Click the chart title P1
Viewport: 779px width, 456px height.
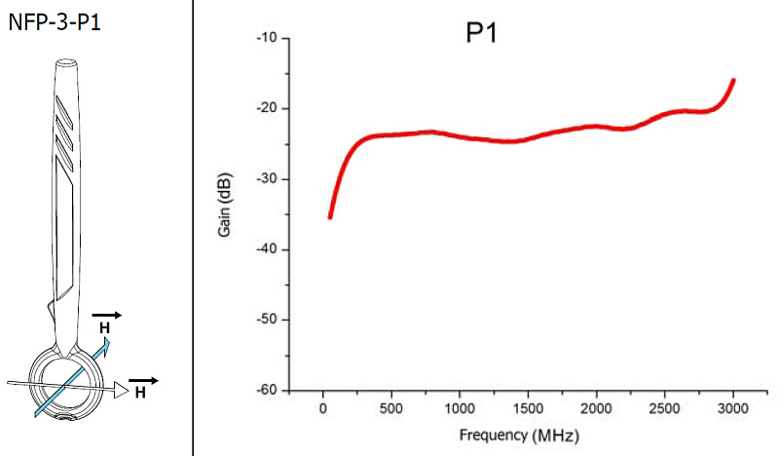point(482,35)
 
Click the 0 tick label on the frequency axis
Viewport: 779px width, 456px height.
point(323,407)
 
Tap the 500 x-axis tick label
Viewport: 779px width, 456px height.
point(391,407)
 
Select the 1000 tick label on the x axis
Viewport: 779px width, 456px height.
point(460,407)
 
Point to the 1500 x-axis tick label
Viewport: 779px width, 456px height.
point(528,407)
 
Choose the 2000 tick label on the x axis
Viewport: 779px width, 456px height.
point(596,407)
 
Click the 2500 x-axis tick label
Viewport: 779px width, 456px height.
point(664,407)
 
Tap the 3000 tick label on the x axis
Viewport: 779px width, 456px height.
point(732,407)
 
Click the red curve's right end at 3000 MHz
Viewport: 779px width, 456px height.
point(732,81)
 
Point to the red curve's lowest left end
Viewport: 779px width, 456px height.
point(330,216)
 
